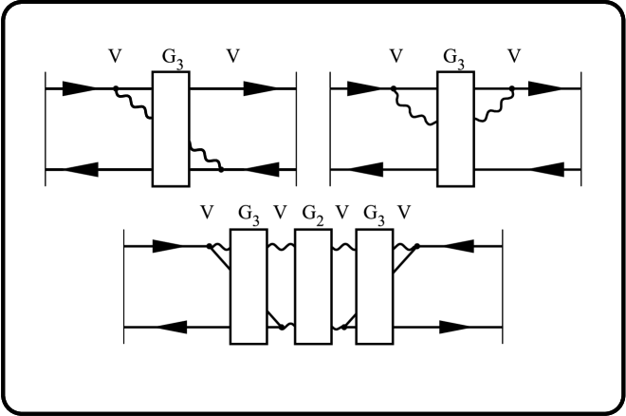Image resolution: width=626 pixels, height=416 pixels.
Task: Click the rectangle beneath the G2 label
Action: pos(312,286)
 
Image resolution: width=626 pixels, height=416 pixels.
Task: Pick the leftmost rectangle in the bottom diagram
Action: pos(249,286)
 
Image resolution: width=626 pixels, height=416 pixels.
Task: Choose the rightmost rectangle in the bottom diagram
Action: pos(375,286)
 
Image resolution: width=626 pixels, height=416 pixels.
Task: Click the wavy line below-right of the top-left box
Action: pos(206,156)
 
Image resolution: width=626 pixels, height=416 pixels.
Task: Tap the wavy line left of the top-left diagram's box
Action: pos(135,105)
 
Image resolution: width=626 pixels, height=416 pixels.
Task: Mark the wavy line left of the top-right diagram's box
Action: pos(414,108)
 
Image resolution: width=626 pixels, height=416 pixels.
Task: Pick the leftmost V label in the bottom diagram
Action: pos(209,212)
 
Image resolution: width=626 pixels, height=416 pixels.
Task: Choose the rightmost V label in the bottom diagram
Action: pos(405,212)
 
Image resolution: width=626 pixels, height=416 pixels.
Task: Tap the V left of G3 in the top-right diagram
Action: pos(397,55)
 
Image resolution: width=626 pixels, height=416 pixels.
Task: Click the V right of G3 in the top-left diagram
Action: pos(232,55)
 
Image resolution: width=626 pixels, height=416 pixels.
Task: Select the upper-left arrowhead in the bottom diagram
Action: pos(172,245)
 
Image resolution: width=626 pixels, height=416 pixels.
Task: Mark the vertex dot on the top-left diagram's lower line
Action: pos(222,169)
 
